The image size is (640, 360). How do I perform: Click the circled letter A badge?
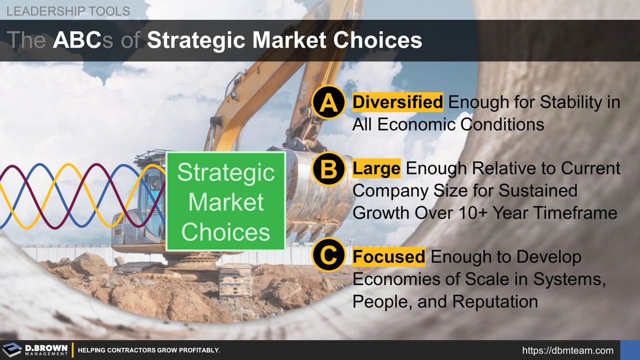click(x=328, y=102)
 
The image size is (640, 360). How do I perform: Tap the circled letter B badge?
click(x=328, y=169)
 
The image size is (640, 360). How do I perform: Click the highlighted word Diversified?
click(x=398, y=102)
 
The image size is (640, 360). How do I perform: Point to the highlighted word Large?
click(x=376, y=168)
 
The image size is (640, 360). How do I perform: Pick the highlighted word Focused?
click(x=389, y=256)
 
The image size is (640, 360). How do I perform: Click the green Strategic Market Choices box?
click(x=225, y=201)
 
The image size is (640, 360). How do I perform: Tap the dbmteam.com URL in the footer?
click(x=567, y=350)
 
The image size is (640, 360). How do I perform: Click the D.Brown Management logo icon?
click(x=12, y=350)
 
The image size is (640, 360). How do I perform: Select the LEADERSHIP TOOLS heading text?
click(x=68, y=10)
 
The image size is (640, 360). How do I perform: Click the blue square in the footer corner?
click(x=629, y=350)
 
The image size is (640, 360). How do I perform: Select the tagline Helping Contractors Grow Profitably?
click(x=149, y=350)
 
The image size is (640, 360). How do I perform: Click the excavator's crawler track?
click(x=235, y=280)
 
